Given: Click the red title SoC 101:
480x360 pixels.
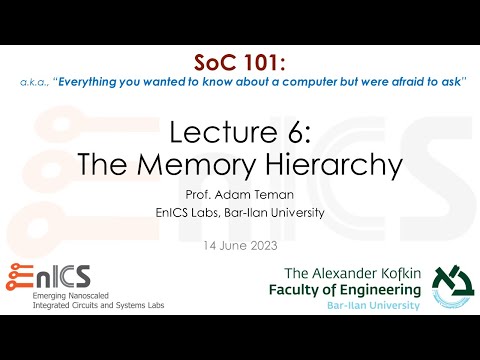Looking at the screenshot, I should point(240,63).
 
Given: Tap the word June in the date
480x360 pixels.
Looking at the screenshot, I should point(236,245).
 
